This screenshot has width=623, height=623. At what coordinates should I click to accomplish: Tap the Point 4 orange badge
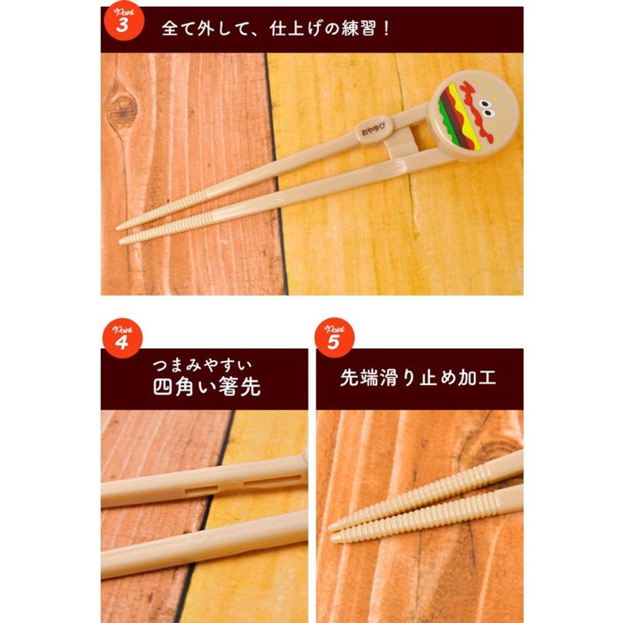pos(122,338)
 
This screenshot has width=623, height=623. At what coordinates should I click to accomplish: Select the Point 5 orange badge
pos(334,338)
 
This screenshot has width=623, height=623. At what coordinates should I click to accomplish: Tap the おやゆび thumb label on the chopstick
pos(373,130)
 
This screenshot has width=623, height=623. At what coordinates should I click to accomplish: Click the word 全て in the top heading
pos(178,29)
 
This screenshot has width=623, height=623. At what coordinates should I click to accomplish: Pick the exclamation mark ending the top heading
pos(386,29)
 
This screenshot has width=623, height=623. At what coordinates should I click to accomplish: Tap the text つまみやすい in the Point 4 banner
pos(202,365)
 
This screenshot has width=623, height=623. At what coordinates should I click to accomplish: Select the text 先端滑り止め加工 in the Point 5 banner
pos(418,377)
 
